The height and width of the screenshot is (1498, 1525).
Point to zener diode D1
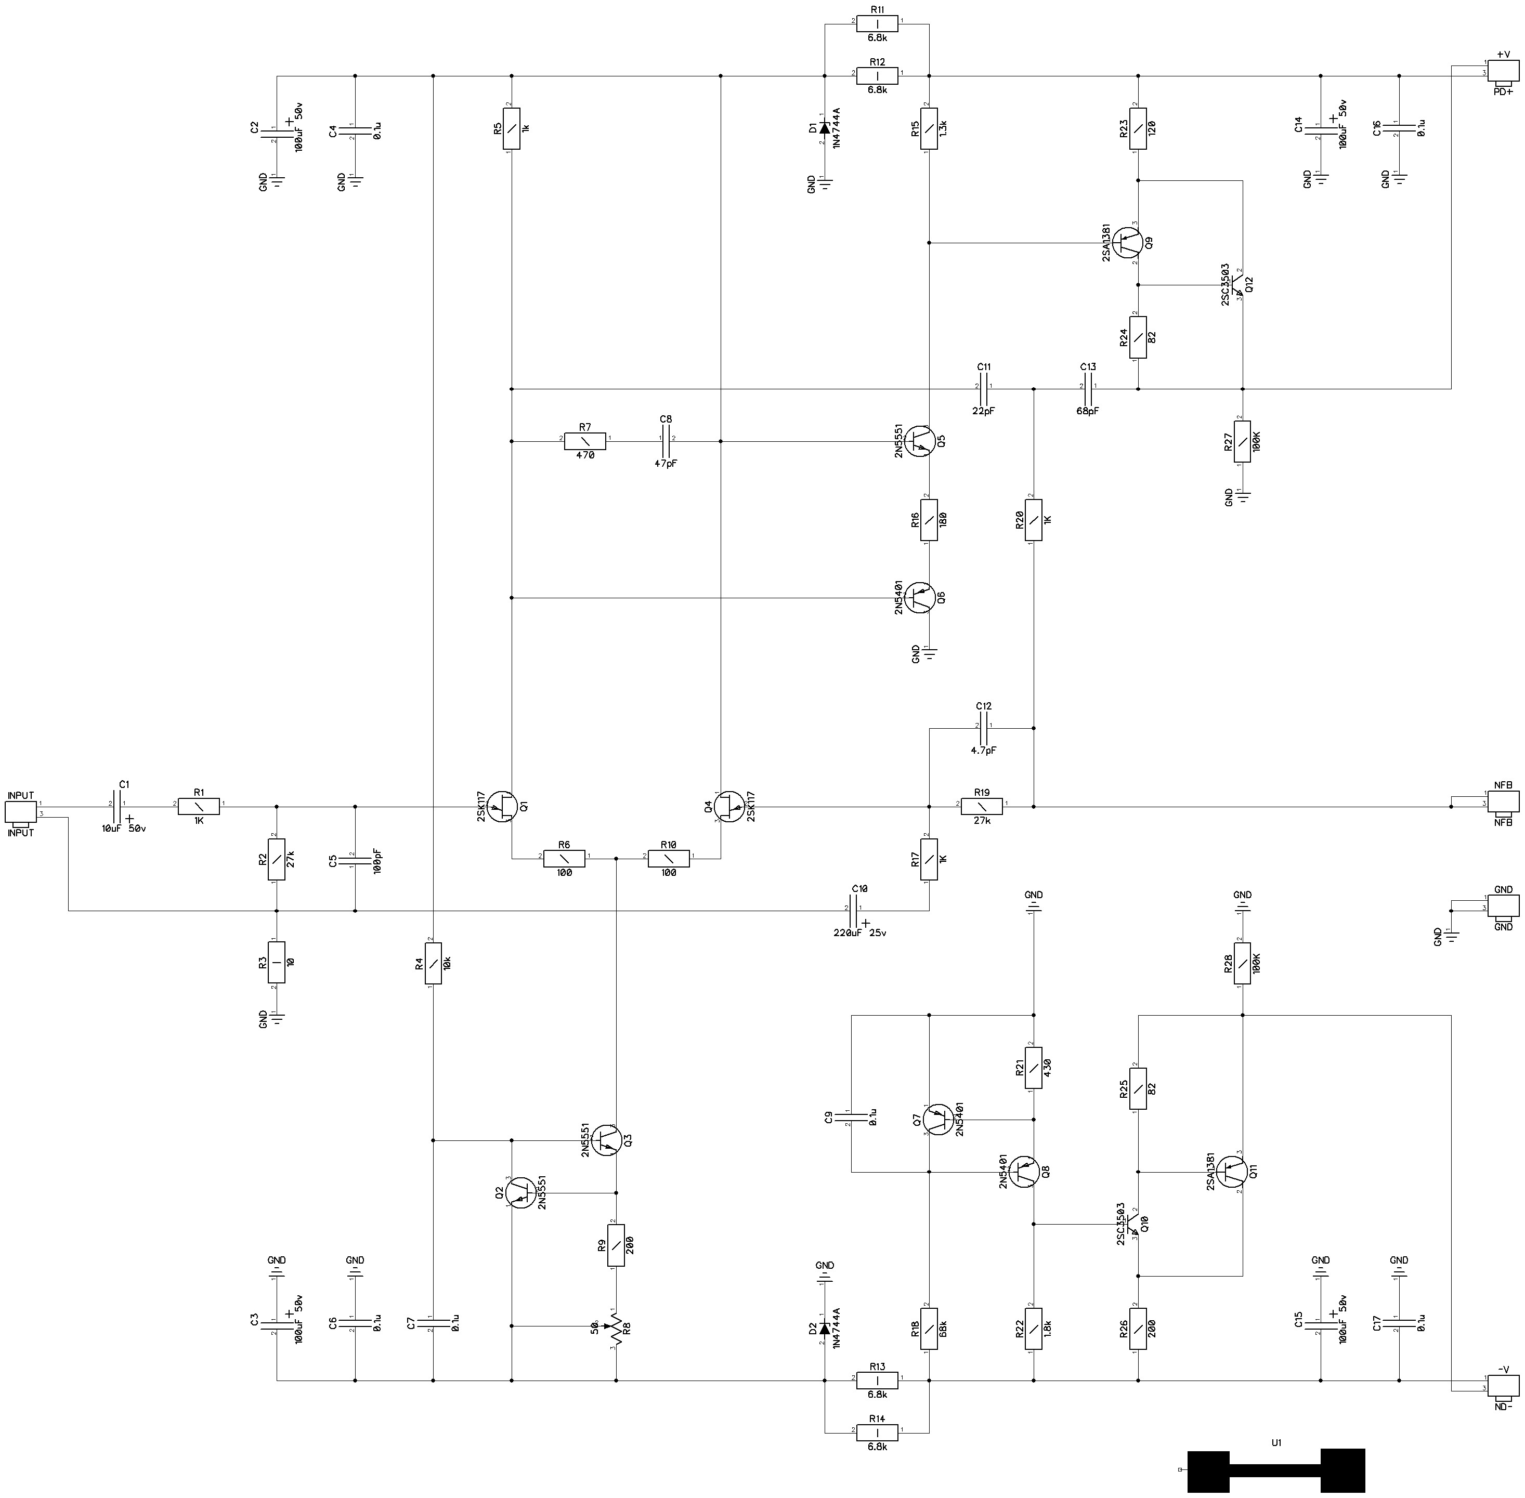tap(825, 127)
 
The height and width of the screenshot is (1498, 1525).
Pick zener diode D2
tap(825, 1328)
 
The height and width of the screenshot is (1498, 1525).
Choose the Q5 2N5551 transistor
tap(920, 441)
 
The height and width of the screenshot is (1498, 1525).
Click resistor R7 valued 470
tap(584, 441)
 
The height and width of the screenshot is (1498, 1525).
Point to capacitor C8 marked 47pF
tap(667, 441)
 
